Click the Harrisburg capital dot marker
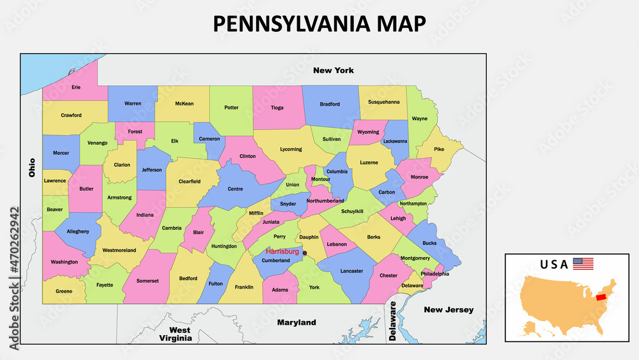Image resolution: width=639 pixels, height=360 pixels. tap(304, 253)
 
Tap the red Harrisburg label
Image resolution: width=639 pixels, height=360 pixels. tap(282, 251)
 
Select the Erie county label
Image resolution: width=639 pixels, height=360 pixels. tap(76, 87)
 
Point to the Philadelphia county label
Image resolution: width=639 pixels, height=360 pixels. tap(435, 274)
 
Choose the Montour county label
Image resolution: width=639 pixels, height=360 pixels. tap(320, 180)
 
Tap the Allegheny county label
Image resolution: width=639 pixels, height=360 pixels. tap(78, 231)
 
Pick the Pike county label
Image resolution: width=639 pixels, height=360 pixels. tap(439, 150)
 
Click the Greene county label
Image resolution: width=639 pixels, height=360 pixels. tap(64, 291)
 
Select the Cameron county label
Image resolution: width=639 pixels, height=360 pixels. tap(209, 139)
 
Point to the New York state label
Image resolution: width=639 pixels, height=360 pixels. tap(333, 70)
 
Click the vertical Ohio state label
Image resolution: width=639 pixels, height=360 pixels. tap(31, 168)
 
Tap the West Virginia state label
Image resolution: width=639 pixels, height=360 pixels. tap(175, 334)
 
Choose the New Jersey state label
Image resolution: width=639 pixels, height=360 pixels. tap(449, 310)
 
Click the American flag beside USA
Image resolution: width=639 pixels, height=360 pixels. tap(583, 264)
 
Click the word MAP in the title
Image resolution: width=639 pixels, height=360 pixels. tap(401, 24)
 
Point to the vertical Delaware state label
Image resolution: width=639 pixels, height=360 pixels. tap(393, 324)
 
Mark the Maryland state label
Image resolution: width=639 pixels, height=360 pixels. tap(296, 323)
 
